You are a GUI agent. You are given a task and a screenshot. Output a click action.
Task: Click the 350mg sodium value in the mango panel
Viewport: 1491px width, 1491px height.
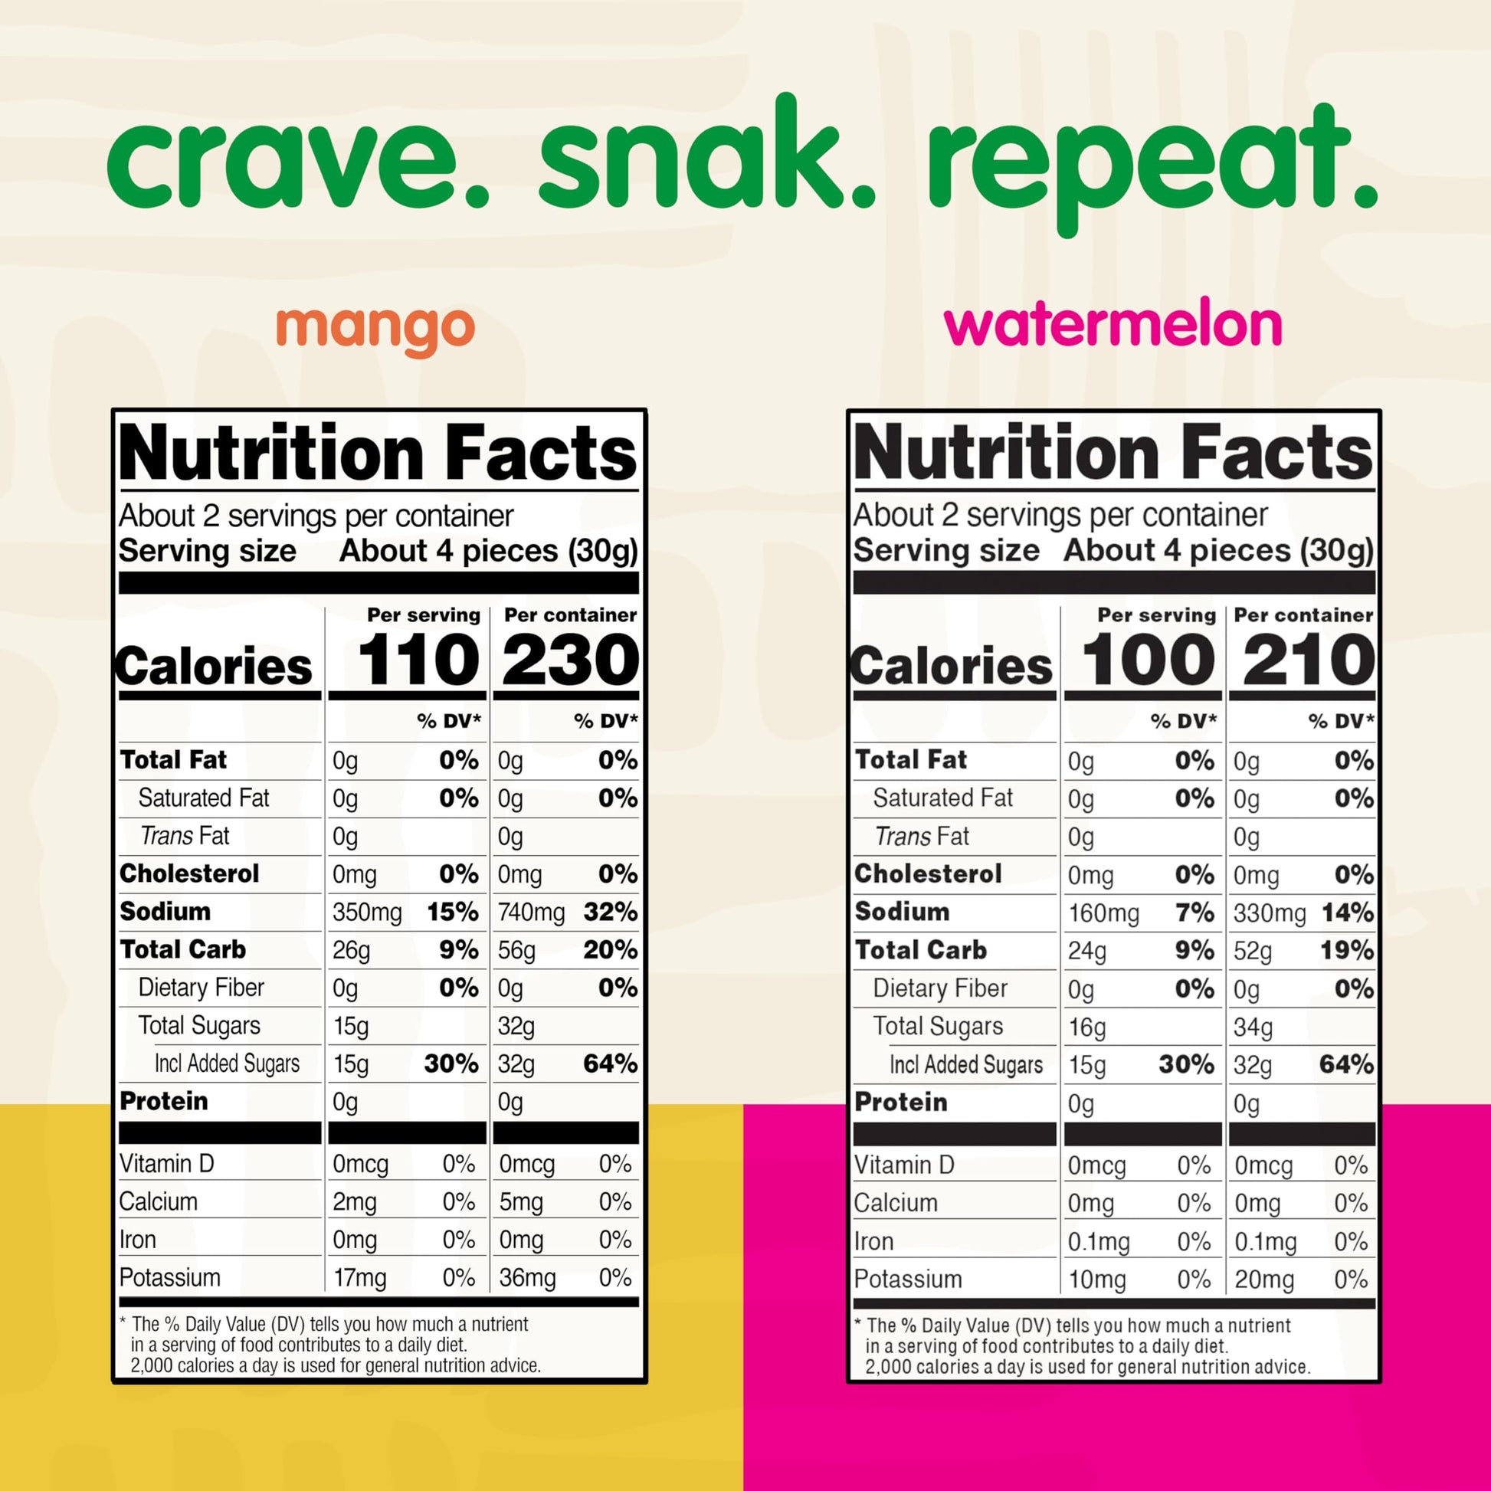[366, 913]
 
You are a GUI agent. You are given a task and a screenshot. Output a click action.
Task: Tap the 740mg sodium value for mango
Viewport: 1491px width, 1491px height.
[531, 913]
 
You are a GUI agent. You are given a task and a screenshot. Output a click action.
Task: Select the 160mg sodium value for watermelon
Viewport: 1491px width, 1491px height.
[1103, 914]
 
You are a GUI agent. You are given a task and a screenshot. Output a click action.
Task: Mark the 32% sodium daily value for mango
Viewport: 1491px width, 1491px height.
[611, 912]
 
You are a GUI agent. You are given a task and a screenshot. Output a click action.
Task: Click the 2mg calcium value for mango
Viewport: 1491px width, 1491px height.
[354, 1202]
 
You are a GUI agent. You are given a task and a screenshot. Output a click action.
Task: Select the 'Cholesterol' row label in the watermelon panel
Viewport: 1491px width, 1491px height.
[929, 873]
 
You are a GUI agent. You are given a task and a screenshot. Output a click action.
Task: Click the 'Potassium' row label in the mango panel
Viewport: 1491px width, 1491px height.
[170, 1278]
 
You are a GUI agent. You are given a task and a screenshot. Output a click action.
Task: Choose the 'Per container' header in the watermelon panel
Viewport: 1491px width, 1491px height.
[1303, 615]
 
